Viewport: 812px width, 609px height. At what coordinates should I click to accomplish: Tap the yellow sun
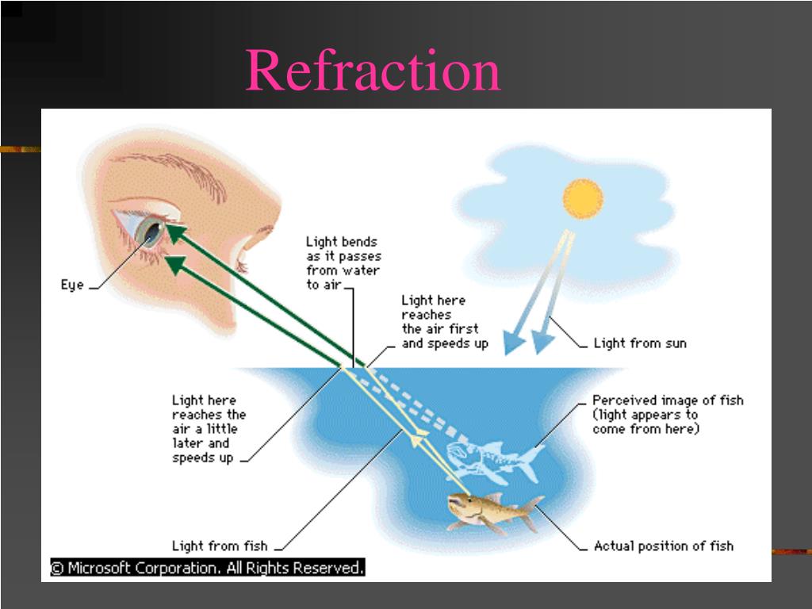[583, 199]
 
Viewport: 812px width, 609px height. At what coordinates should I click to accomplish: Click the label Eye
[72, 285]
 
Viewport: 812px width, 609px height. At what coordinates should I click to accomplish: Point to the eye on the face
[149, 231]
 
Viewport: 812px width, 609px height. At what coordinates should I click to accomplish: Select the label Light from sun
[640, 343]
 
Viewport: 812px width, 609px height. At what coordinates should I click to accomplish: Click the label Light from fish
[220, 546]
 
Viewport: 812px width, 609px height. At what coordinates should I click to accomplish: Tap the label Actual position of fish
[663, 546]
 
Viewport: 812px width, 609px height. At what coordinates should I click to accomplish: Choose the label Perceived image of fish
[668, 400]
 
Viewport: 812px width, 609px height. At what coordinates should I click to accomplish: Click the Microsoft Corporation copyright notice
[208, 568]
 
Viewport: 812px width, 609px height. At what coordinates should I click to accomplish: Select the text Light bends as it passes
[343, 249]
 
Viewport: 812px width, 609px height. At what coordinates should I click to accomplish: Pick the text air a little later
[205, 436]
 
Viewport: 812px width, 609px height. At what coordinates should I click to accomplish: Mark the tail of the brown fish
[530, 511]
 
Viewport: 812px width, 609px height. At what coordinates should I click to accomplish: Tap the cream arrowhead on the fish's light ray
[418, 433]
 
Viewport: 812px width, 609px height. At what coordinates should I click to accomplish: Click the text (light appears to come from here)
[645, 422]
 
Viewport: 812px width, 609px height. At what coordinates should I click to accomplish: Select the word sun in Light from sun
[673, 343]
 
